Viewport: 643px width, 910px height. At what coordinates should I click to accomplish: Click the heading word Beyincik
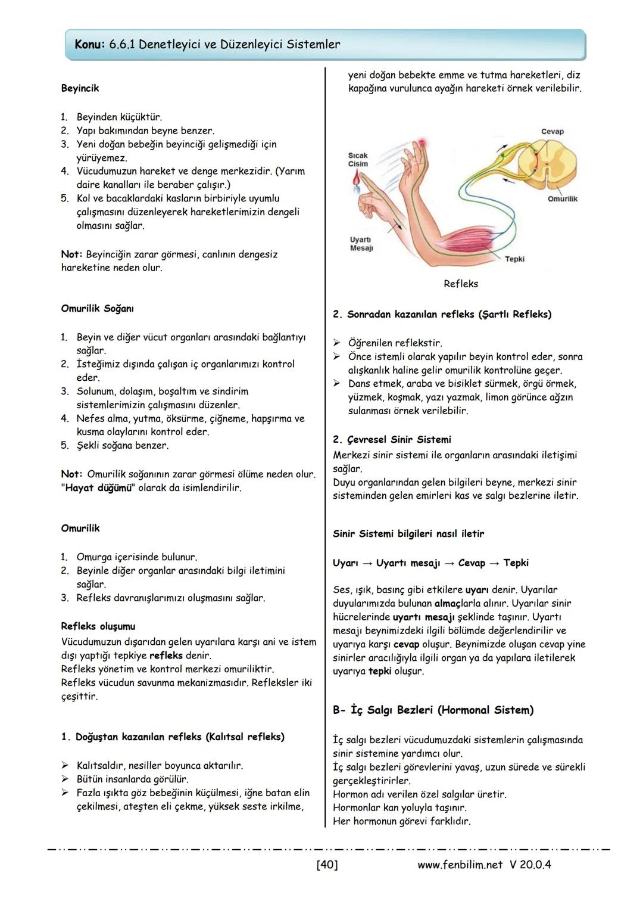[80, 88]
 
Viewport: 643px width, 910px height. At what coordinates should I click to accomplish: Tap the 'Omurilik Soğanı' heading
[97, 309]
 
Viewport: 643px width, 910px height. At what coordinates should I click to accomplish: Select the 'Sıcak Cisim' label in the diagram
[358, 160]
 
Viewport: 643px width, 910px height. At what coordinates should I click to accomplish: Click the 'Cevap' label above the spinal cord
[552, 131]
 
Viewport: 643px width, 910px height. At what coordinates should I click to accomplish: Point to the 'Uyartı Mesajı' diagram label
[361, 244]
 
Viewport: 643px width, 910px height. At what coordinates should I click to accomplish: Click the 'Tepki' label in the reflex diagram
[514, 259]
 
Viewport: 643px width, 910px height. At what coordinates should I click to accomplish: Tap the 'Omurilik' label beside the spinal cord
[562, 199]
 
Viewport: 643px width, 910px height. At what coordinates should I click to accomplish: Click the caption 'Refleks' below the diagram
[460, 284]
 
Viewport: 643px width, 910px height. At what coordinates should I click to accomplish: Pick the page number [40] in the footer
[327, 864]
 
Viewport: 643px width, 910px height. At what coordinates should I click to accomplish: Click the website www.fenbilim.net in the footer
[460, 864]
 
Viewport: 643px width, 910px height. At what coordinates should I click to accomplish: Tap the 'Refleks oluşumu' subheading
[98, 626]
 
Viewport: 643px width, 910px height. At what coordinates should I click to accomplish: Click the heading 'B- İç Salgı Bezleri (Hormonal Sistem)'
[433, 710]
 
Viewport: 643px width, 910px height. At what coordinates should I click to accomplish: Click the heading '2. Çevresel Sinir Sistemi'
[392, 440]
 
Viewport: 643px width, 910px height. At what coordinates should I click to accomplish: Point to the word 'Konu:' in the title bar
[90, 45]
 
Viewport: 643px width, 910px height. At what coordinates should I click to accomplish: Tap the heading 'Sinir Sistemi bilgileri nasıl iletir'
[408, 534]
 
